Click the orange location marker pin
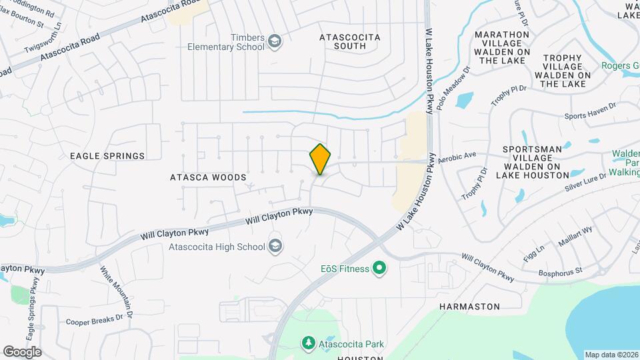pos(321,159)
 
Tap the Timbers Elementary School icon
pos(274,43)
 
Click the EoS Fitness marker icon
pos(379,269)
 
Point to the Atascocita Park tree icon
pos(309,343)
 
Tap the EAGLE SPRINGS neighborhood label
pos(107,156)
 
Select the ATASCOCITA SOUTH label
pos(350,42)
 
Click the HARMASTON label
pos(470,307)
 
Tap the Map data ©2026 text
pos(611,355)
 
